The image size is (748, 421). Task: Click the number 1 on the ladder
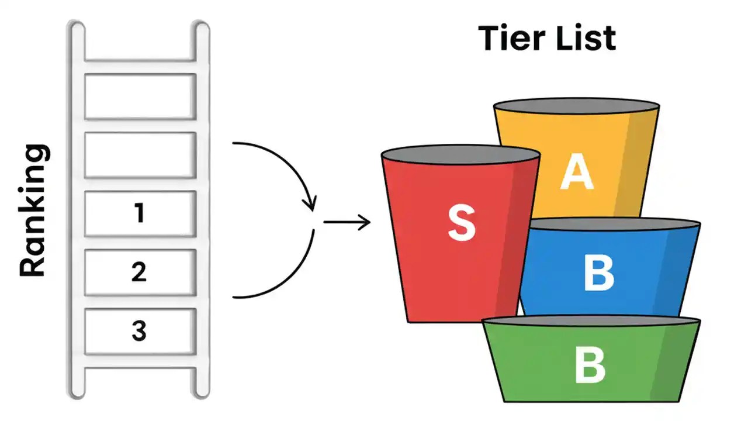tap(138, 214)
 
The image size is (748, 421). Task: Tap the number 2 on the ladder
tap(138, 272)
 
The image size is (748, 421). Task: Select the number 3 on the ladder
tap(138, 332)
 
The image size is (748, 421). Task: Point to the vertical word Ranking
tap(33, 211)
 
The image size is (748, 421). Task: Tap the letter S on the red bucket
tap(461, 225)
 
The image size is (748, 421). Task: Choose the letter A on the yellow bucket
tap(577, 174)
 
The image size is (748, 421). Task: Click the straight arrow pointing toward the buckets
tap(347, 222)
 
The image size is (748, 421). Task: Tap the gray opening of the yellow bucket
tap(577, 107)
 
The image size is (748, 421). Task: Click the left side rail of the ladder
tap(77, 210)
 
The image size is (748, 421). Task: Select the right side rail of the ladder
tap(200, 210)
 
